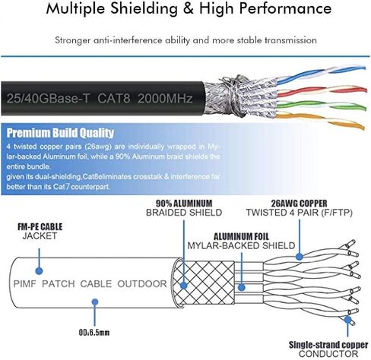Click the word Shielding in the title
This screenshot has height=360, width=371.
pyautogui.click(x=144, y=9)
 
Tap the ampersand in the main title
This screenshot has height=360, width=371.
pyautogui.click(x=188, y=8)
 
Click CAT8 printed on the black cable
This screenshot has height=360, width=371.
pyautogui.click(x=114, y=98)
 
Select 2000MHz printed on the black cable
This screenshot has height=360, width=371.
pyautogui.click(x=165, y=98)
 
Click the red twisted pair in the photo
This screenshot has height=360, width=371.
pyautogui.click(x=322, y=92)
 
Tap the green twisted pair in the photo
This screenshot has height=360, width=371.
pyautogui.click(x=321, y=106)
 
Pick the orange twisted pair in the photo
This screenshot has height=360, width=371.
pyautogui.click(x=320, y=121)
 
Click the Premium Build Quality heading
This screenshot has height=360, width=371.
pyautogui.click(x=60, y=133)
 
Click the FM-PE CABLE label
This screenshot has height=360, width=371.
pyautogui.click(x=40, y=226)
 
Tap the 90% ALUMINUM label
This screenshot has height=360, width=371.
pyautogui.click(x=184, y=203)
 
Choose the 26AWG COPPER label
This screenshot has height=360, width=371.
pyautogui.click(x=299, y=204)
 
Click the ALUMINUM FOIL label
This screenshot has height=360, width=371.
pyautogui.click(x=241, y=237)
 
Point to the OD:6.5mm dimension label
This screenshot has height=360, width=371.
pyautogui.click(x=94, y=332)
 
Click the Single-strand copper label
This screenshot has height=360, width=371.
pyautogui.click(x=328, y=345)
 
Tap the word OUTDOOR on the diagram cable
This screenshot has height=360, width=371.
pyautogui.click(x=142, y=284)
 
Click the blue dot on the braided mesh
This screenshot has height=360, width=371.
pyautogui.click(x=183, y=286)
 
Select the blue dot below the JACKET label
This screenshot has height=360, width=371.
pyautogui.click(x=39, y=271)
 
